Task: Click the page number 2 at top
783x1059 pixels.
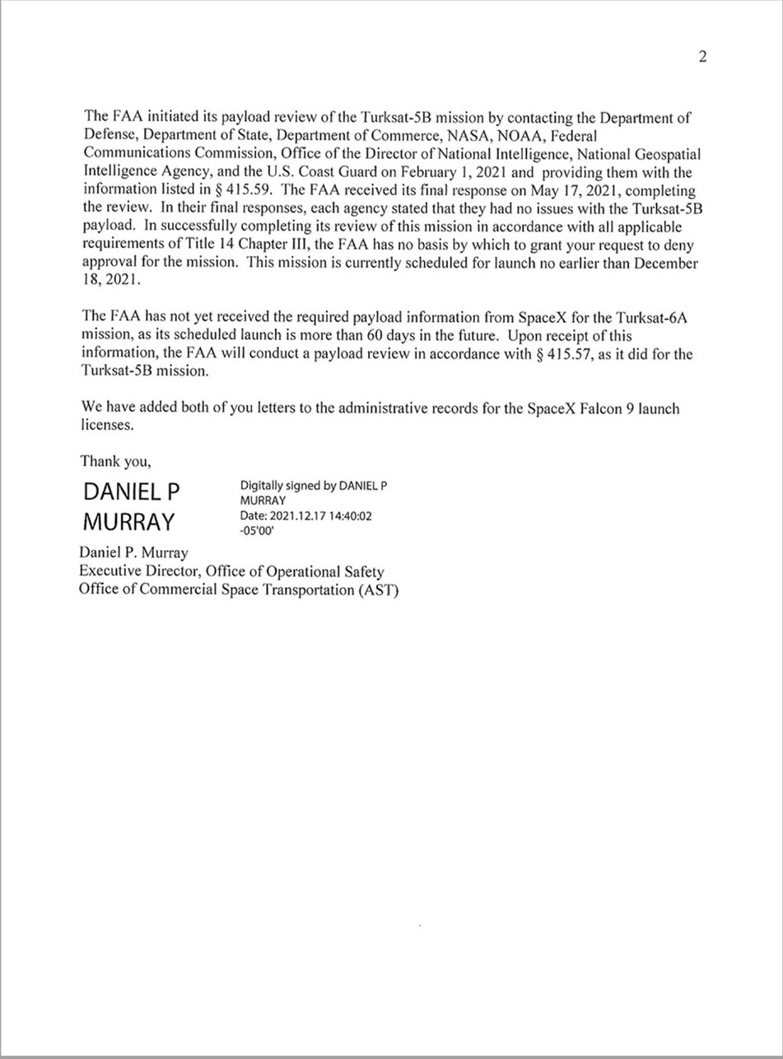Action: pyautogui.click(x=701, y=57)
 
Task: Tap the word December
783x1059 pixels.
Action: pyautogui.click(x=661, y=264)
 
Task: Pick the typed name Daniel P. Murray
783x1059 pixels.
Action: pyautogui.click(x=134, y=553)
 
